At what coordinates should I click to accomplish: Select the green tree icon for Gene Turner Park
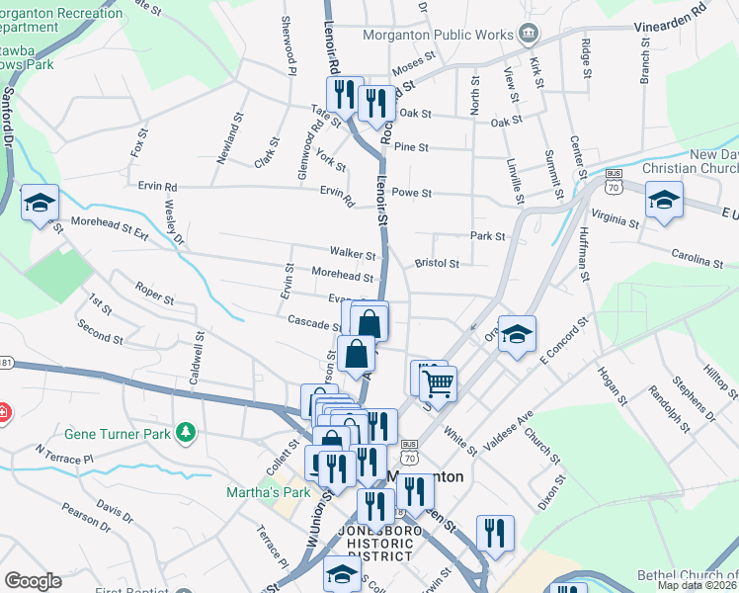click(x=184, y=433)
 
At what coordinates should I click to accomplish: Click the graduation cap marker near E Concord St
click(x=516, y=335)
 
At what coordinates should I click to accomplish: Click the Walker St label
click(x=353, y=255)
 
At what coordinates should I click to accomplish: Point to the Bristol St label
click(x=438, y=264)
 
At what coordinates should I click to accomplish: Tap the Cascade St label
click(x=313, y=322)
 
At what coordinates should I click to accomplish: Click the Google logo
click(x=34, y=581)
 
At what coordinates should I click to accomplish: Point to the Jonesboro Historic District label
click(x=374, y=544)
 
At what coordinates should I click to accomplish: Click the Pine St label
click(x=410, y=147)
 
